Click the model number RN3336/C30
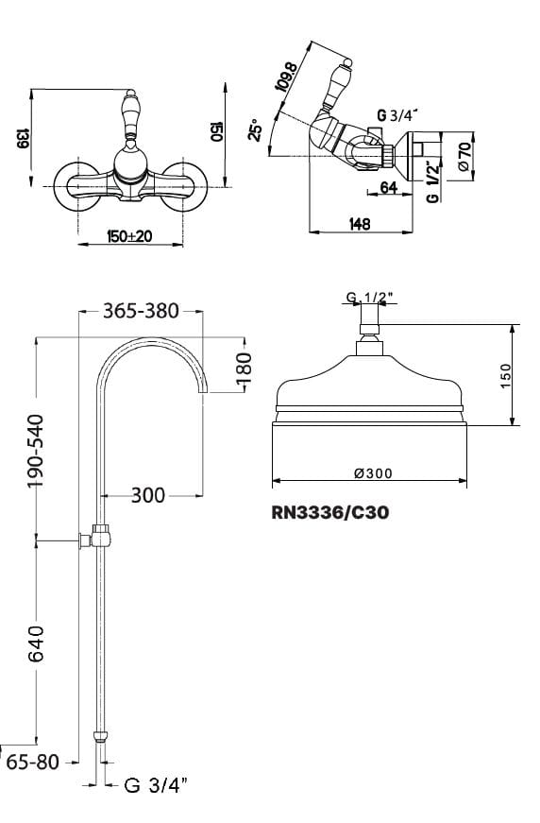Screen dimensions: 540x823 click(330, 512)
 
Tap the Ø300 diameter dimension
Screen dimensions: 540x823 click(373, 473)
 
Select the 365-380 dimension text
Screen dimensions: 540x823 click(141, 311)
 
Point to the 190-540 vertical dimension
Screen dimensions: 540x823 click(36, 451)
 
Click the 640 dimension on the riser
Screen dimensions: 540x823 click(36, 643)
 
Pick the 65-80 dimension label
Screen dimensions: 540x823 click(33, 762)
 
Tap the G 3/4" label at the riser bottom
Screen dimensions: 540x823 click(156, 786)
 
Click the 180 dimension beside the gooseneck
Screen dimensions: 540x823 click(244, 368)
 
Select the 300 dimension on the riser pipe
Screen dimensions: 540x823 click(148, 495)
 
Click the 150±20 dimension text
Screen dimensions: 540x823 click(129, 236)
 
